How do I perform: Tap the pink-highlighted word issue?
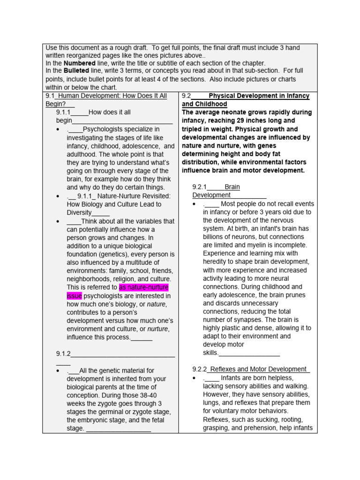[74, 296]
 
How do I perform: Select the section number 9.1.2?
[63, 354]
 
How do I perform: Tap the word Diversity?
[79, 212]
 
